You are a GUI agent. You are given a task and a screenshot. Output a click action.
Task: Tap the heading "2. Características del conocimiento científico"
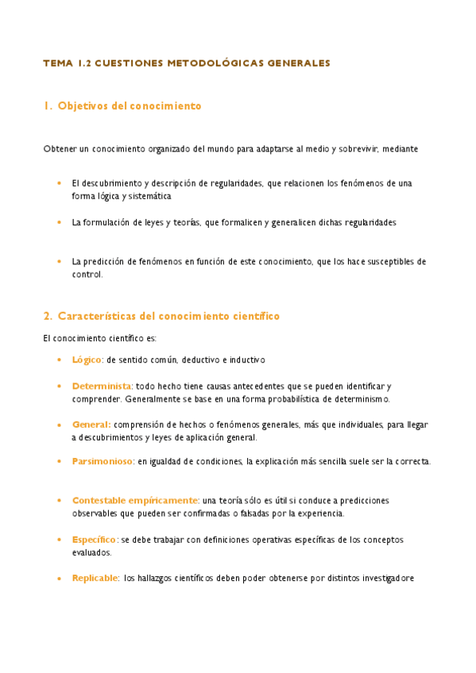pos(161,316)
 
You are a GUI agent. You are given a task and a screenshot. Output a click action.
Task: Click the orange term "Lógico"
pos(87,360)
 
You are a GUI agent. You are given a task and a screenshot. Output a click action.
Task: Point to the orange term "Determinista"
pos(101,386)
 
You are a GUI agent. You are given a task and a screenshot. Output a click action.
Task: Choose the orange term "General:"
pos(91,425)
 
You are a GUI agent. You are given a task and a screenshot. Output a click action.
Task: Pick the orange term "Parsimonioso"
pos(103,461)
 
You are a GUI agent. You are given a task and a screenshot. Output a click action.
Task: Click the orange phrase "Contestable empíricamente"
pos(135,501)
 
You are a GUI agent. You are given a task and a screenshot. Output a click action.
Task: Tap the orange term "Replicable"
pos(95,578)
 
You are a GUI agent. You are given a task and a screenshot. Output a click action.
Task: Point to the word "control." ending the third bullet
pos(87,275)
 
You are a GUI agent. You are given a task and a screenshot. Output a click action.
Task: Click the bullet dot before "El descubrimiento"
pos(59,183)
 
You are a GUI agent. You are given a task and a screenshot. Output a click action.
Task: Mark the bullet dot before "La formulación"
pos(59,223)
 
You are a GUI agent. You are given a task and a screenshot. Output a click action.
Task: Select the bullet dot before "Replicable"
pos(59,578)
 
